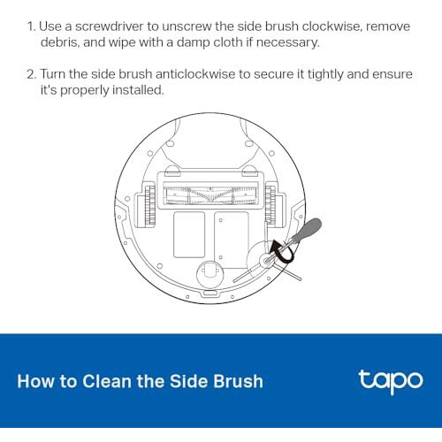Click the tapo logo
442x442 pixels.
click(391, 382)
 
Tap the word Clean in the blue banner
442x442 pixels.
click(107, 381)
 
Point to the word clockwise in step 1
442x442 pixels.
click(332, 27)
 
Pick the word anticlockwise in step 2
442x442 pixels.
click(195, 74)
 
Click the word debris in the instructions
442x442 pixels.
click(60, 42)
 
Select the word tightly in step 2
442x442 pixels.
click(325, 74)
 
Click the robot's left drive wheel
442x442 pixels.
click(149, 204)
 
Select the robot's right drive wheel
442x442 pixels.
click(271, 204)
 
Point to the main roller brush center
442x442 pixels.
click(210, 194)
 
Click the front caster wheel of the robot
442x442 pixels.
click(210, 272)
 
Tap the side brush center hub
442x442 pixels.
click(266, 261)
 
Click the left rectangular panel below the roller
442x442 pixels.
click(189, 234)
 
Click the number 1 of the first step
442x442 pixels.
click(31, 27)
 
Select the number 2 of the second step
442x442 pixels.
click(31, 74)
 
